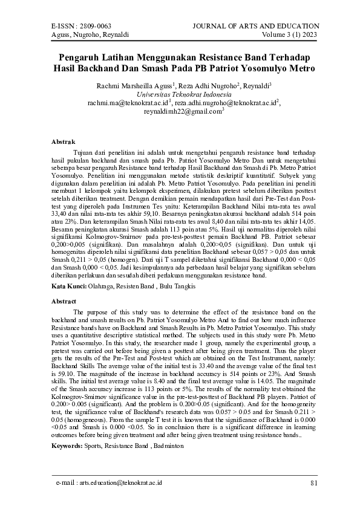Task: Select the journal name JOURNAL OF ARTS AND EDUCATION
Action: pyautogui.click(x=255, y=26)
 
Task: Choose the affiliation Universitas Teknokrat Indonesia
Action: pyautogui.click(x=180, y=95)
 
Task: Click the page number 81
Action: pyautogui.click(x=313, y=483)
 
